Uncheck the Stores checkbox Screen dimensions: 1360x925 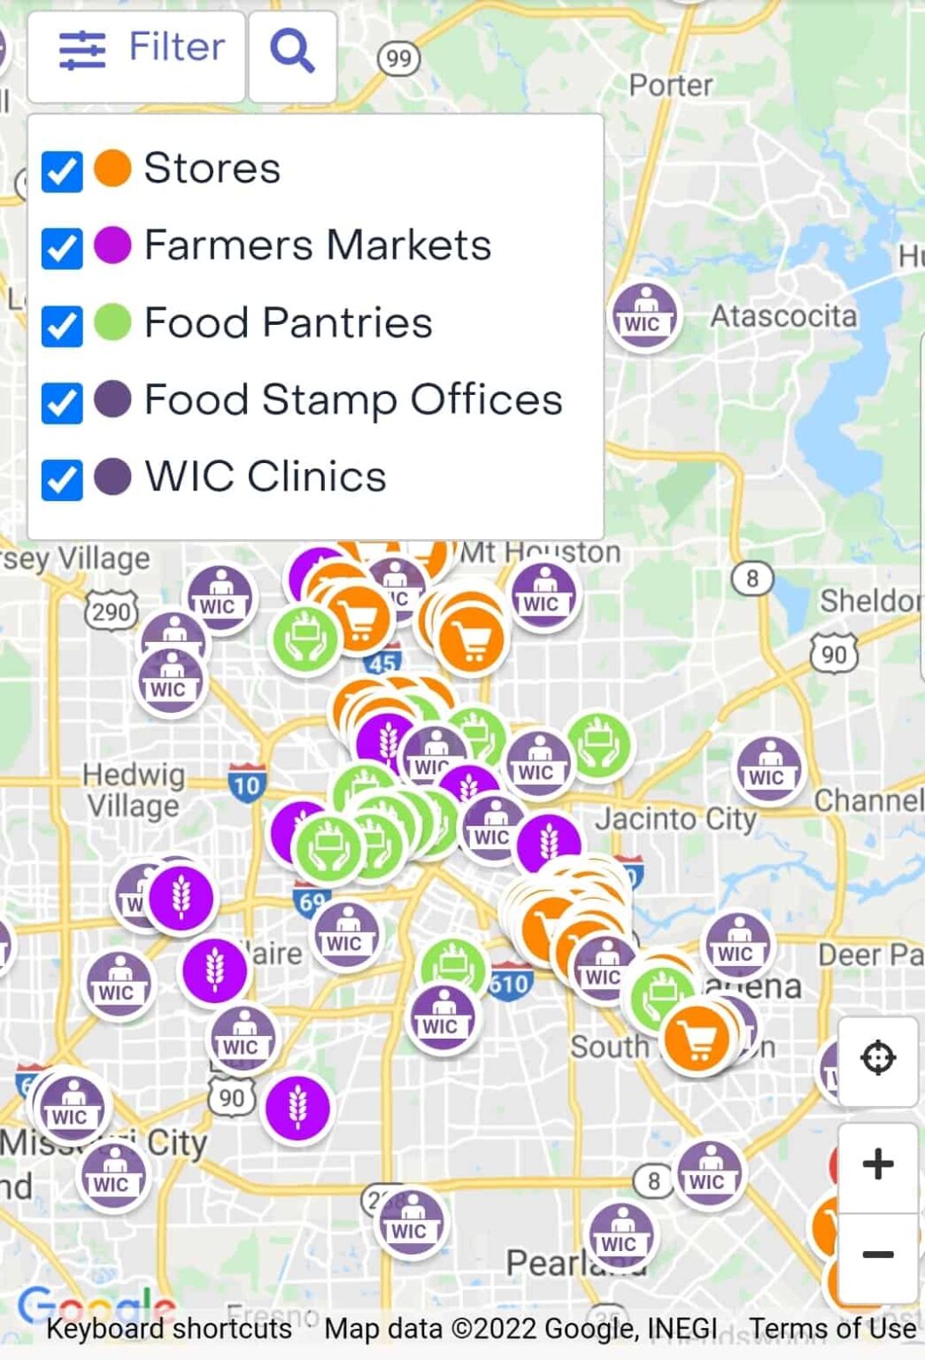pyautogui.click(x=62, y=171)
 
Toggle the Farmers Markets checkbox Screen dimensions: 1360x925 pyautogui.click(x=62, y=248)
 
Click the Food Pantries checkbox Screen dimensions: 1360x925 pyautogui.click(x=62, y=325)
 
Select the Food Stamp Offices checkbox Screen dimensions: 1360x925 pyautogui.click(x=62, y=402)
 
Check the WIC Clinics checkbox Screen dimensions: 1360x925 pyautogui.click(x=62, y=479)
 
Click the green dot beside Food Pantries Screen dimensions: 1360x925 pyautogui.click(x=112, y=322)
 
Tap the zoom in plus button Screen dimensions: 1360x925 pyautogui.click(x=877, y=1164)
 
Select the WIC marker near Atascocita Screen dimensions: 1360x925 pyautogui.click(x=644, y=317)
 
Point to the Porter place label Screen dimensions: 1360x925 pyautogui.click(x=670, y=86)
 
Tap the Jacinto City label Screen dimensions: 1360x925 pyautogui.click(x=675, y=819)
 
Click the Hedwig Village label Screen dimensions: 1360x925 pyautogui.click(x=134, y=791)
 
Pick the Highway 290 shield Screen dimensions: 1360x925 pyautogui.click(x=112, y=611)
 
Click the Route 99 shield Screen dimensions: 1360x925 pyautogui.click(x=398, y=59)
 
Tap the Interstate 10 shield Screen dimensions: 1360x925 pyautogui.click(x=247, y=784)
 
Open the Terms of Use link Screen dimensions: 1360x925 pyautogui.click(x=832, y=1328)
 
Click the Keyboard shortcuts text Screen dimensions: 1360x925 pyautogui.click(x=169, y=1328)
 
